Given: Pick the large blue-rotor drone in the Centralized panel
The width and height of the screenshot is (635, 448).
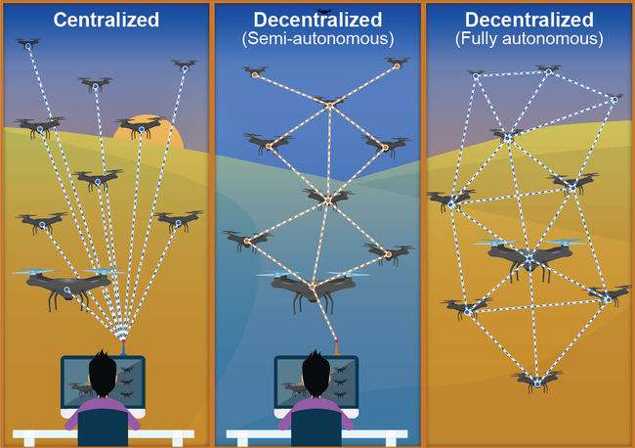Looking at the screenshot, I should pos(67,285).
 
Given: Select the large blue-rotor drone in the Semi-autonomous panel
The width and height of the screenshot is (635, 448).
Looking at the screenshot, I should pos(313,287).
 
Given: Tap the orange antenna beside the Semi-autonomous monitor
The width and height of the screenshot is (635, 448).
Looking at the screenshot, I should pos(337,345).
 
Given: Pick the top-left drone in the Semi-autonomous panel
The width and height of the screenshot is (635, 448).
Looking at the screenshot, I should pos(255,71).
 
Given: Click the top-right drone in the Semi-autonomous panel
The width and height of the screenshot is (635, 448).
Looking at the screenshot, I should pos(397,63).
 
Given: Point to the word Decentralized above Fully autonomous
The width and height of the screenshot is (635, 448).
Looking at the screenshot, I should pos(529,19).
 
